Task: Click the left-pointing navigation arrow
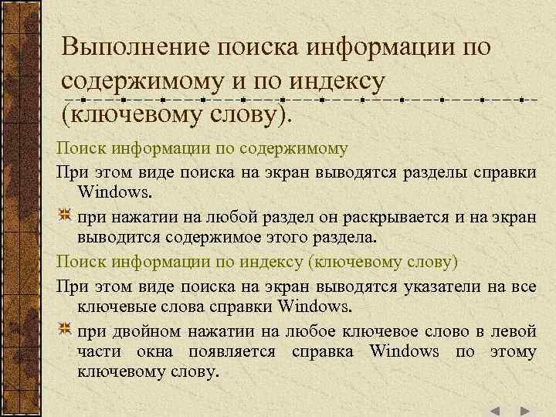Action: click(497, 411)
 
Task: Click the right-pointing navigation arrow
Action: click(524, 411)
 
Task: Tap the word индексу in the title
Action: click(341, 82)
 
